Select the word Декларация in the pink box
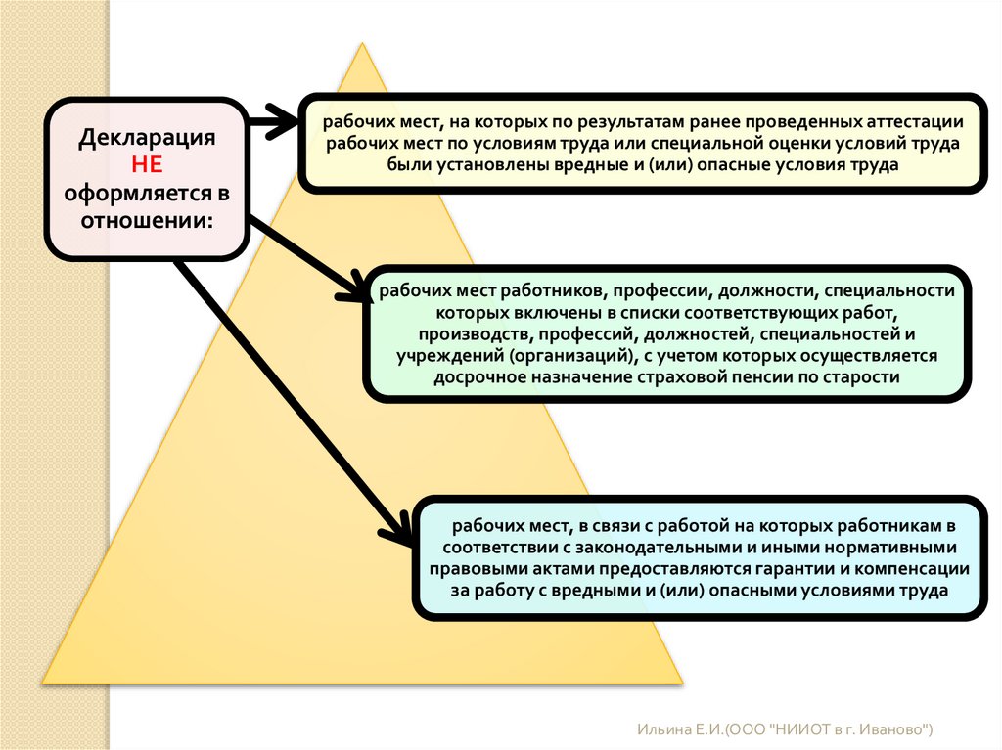pos(147,136)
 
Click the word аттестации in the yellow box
pos(916,123)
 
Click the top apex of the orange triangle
pos(362,44)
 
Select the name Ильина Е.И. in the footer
pos(675,729)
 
